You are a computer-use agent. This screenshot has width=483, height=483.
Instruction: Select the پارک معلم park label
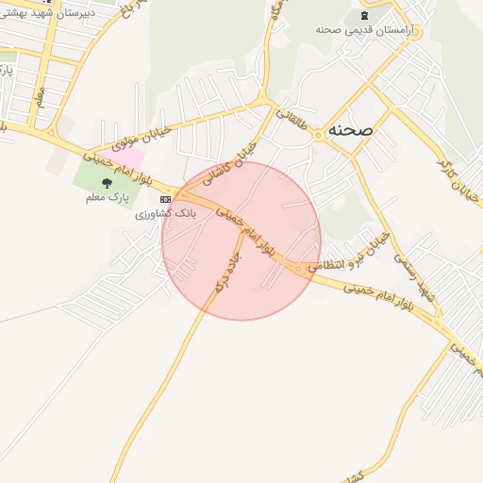(x=106, y=198)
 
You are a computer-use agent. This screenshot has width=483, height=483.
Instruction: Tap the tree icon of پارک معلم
(x=106, y=184)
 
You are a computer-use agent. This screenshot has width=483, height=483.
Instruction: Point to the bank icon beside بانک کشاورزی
(x=166, y=200)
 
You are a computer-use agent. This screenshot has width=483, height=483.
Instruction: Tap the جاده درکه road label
(x=226, y=272)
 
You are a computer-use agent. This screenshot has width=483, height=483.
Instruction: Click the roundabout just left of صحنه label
(x=320, y=133)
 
